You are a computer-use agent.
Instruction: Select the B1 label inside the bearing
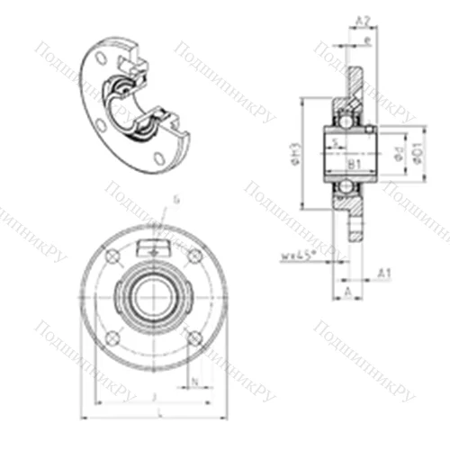[354, 165]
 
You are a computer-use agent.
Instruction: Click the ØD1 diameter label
[417, 153]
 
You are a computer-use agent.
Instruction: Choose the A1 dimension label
[384, 272]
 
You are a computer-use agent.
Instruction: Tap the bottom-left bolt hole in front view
[112, 338]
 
